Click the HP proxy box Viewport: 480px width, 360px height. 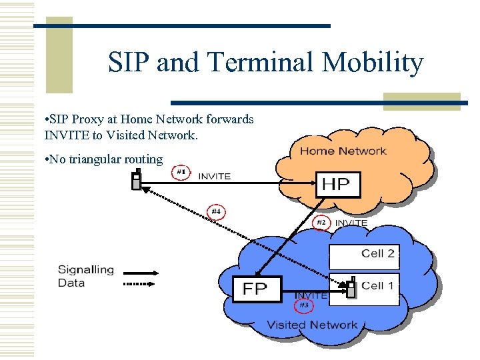point(337,184)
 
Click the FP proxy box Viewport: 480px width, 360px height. point(257,289)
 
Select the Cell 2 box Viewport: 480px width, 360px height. point(364,254)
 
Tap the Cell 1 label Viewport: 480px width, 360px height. point(378,286)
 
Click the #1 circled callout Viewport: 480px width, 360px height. point(179,172)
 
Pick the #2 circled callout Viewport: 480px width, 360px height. point(321,222)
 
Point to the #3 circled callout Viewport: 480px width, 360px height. point(303,305)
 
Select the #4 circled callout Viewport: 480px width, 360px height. point(215,212)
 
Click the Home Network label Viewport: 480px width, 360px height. point(343,151)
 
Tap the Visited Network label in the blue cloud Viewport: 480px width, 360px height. point(312,325)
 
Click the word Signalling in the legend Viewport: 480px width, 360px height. point(86,270)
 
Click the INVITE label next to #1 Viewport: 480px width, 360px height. point(214,176)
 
